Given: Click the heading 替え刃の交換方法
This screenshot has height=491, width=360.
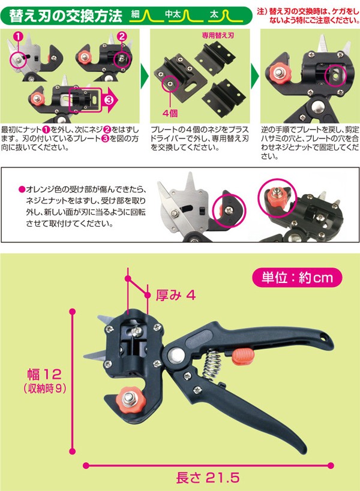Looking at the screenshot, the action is click(x=65, y=16).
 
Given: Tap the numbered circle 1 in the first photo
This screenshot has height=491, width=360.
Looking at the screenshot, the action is click(x=19, y=37).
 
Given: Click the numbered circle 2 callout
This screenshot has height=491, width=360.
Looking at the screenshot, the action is click(x=122, y=37).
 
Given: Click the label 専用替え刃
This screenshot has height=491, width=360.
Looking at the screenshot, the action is click(x=218, y=35).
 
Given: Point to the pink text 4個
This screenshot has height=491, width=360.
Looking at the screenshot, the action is click(x=170, y=113).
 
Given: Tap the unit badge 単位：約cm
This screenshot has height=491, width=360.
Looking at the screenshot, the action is click(x=297, y=278).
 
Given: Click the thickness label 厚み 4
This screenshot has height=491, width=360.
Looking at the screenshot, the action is click(x=175, y=295).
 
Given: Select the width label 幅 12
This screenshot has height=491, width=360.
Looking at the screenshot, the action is click(x=44, y=374).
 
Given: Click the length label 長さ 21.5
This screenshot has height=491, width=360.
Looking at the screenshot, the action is click(x=208, y=478).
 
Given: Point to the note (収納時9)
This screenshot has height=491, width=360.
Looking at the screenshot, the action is click(x=45, y=388).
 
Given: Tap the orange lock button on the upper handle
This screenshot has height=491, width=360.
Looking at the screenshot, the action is click(x=243, y=357).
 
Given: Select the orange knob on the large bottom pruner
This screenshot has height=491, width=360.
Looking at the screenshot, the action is click(x=129, y=399).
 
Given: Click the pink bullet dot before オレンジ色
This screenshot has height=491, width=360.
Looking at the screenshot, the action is click(x=22, y=189).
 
